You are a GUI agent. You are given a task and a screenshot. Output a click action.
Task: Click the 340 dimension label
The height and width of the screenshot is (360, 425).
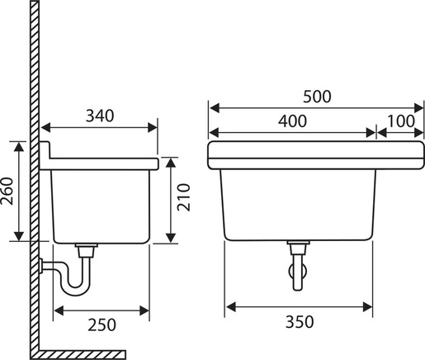100,116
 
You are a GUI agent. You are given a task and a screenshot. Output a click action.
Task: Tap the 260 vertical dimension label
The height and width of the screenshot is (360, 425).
7,191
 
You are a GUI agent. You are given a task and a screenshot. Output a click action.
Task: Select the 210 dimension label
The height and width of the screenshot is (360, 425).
183,197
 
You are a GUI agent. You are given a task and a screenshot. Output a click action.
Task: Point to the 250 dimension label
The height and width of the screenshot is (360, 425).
102,324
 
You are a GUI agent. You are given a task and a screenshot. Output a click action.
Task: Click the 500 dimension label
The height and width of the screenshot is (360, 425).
317,97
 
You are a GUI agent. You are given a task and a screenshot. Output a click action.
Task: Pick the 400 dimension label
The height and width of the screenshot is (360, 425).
292,121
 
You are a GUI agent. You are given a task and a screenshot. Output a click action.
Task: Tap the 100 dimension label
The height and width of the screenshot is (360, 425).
400,121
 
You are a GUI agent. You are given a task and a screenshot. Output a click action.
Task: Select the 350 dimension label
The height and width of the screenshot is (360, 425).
300,322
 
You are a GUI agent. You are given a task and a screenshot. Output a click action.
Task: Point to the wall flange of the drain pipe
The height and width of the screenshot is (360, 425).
41,266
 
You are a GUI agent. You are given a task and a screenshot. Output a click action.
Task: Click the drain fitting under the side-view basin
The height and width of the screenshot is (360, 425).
87,250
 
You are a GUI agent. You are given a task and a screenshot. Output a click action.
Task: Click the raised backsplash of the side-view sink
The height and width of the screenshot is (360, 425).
45,150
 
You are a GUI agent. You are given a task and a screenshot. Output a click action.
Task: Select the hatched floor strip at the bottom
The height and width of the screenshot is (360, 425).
82,354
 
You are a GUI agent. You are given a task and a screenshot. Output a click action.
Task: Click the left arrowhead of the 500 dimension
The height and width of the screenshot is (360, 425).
215,108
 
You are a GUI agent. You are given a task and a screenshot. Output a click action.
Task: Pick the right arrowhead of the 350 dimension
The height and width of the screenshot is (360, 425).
367,306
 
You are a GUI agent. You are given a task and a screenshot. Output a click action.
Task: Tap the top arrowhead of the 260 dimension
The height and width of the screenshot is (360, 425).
19,147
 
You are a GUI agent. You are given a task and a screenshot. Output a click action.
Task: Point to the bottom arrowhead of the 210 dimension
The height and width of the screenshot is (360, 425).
171,238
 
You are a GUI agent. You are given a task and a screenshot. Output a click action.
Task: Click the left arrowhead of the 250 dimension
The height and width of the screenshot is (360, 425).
59,310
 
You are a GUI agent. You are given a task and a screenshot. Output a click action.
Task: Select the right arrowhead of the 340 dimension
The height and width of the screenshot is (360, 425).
153,127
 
